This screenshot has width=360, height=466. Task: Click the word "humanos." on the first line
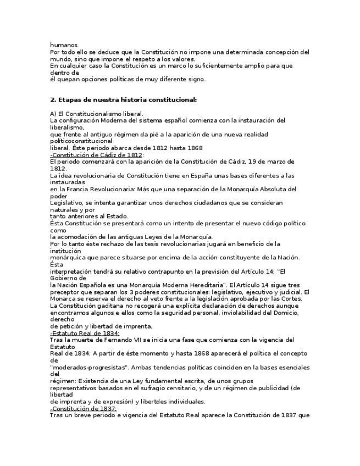(x=64, y=45)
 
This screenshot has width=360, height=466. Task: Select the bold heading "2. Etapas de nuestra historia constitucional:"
(x=123, y=99)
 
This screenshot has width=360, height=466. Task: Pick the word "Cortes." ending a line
(x=298, y=298)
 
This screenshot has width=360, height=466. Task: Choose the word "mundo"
(x=60, y=59)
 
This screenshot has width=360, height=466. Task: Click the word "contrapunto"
(x=156, y=271)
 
